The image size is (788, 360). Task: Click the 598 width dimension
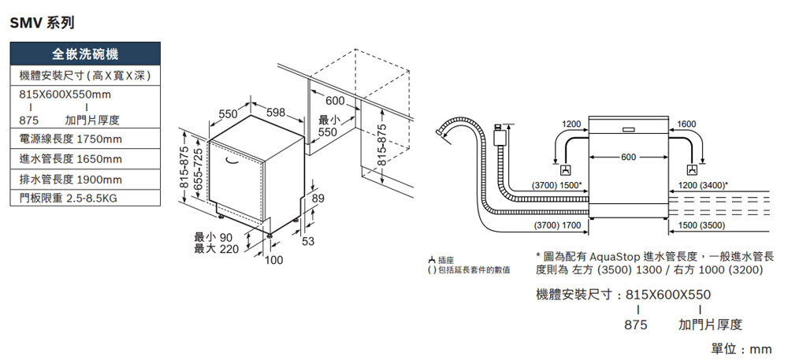276,113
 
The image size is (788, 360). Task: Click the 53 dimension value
308,241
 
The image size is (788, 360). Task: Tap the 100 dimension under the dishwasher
274,260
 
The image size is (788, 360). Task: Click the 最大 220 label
216,249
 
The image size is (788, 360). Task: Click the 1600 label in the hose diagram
686,125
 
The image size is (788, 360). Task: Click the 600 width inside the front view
628,158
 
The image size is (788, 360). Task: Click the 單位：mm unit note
741,348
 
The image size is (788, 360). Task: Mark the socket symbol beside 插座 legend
431,259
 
